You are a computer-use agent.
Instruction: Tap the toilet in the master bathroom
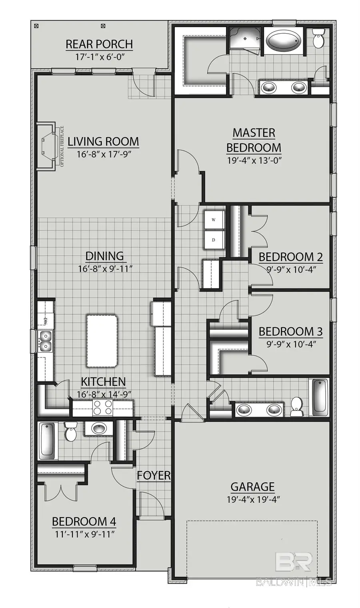click(x=318, y=39)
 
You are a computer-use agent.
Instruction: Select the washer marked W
click(x=214, y=220)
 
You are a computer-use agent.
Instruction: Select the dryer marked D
click(x=214, y=240)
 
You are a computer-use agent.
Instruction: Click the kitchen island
click(x=102, y=340)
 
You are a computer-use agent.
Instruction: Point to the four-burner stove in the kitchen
click(x=102, y=408)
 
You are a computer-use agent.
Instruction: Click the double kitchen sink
click(x=45, y=341)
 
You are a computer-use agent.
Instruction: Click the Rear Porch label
click(x=99, y=44)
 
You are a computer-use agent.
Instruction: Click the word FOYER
click(x=154, y=476)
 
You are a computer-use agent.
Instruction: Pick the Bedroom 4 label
click(x=84, y=522)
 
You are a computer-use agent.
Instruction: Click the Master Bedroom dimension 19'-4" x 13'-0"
click(x=254, y=161)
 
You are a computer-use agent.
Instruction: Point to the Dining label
click(x=105, y=256)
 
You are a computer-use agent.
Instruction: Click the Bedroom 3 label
click(x=290, y=331)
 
